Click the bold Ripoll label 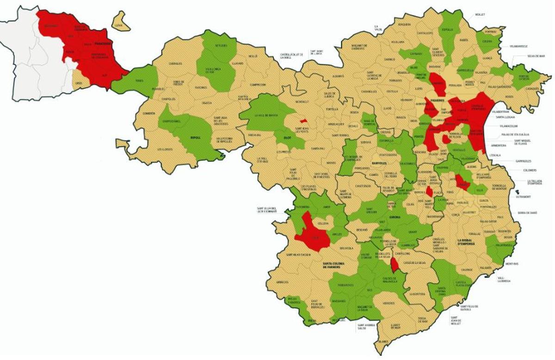tap(196, 137)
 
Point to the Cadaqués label tap(533, 88)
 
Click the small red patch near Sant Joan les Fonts tap(303, 121)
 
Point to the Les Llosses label tap(164, 149)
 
